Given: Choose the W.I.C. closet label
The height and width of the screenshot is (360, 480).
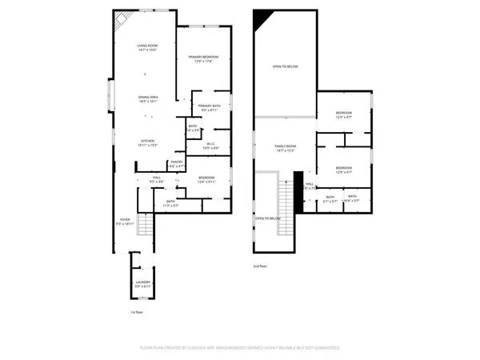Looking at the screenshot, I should point(210,146).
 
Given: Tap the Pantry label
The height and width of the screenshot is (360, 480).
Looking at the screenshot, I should point(176,163).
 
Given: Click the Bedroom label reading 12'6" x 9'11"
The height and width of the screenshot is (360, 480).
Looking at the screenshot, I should point(206,179).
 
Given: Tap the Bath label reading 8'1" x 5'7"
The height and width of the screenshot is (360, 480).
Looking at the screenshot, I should point(330,198).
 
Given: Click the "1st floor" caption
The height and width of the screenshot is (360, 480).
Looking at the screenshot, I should point(137,313).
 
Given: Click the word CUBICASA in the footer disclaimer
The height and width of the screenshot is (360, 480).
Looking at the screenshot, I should point(219,349).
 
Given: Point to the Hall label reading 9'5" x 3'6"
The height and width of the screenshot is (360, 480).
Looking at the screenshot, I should point(158,181).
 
